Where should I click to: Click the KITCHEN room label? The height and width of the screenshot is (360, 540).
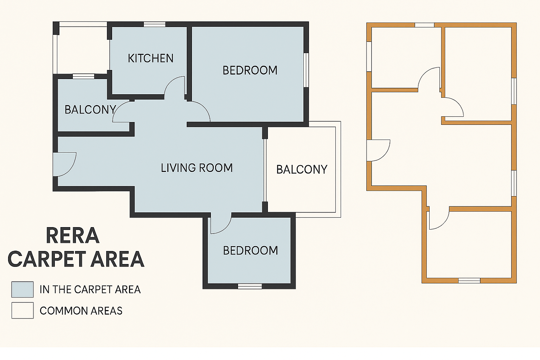pyautogui.click(x=150, y=58)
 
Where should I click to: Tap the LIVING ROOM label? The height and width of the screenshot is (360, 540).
pyautogui.click(x=197, y=168)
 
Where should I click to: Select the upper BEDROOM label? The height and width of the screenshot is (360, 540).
pyautogui.click(x=250, y=70)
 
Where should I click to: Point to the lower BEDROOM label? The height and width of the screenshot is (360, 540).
pyautogui.click(x=250, y=251)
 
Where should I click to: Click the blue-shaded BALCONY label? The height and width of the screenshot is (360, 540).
pyautogui.click(x=90, y=110)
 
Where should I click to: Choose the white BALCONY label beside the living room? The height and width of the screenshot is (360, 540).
pyautogui.click(x=302, y=169)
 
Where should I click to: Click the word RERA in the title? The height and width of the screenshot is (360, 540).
pyautogui.click(x=72, y=236)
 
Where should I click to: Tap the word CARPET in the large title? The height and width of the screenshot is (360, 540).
pyautogui.click(x=47, y=259)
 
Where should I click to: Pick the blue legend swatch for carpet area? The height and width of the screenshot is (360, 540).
pyautogui.click(x=22, y=289)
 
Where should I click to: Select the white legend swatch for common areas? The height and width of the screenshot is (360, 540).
pyautogui.click(x=22, y=310)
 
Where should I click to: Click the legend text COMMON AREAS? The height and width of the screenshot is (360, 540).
pyautogui.click(x=81, y=311)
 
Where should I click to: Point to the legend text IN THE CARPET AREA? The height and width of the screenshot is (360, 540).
pyautogui.click(x=90, y=290)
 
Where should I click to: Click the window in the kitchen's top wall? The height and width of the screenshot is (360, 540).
pyautogui.click(x=155, y=24)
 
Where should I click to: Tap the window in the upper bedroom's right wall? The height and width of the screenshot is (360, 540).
pyautogui.click(x=306, y=70)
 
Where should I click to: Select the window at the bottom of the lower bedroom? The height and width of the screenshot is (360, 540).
pyautogui.click(x=250, y=286)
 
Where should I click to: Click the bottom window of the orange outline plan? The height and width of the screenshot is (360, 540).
pyautogui.click(x=469, y=281)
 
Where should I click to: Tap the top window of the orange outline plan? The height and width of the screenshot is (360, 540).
pyautogui.click(x=424, y=25)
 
